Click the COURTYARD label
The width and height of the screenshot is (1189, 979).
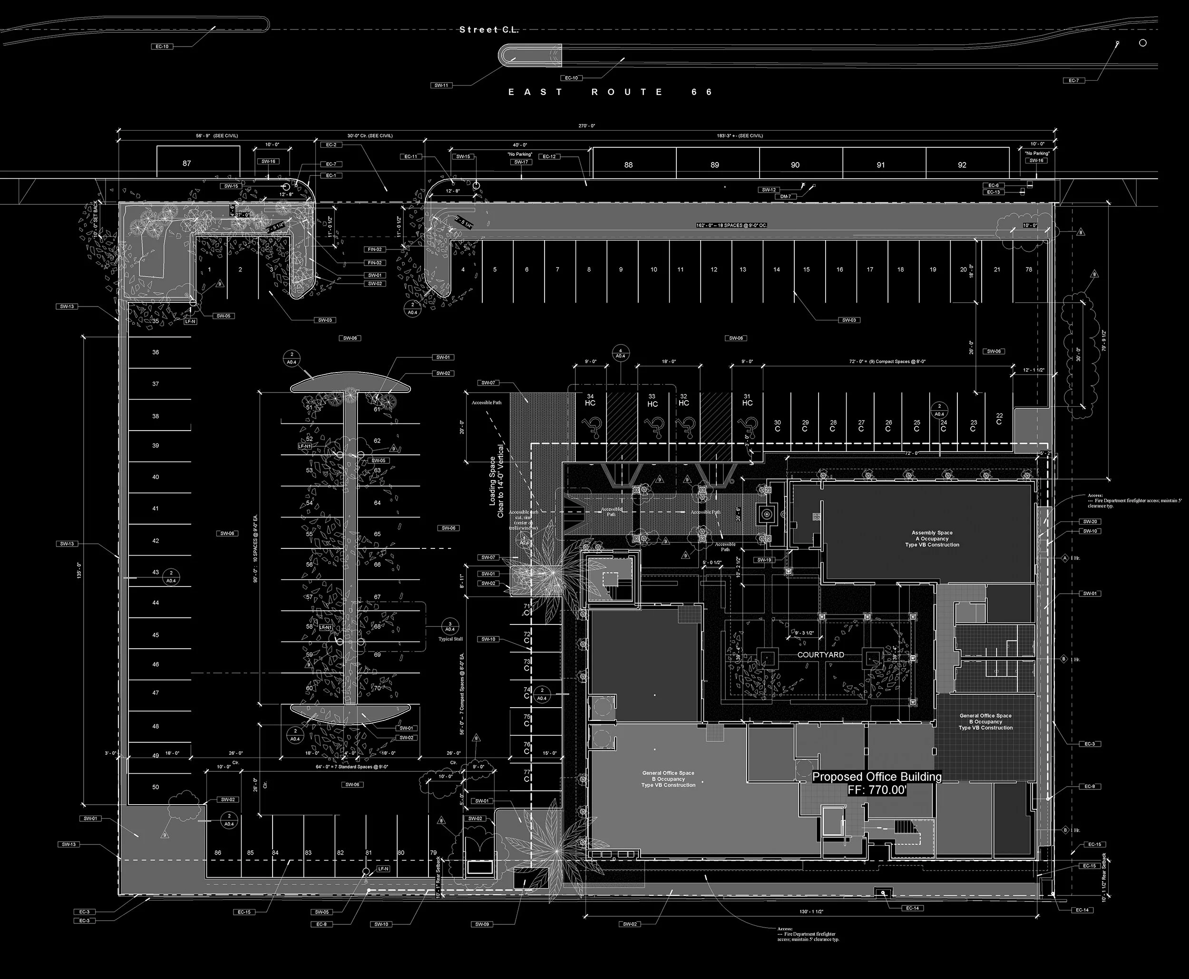click(x=820, y=655)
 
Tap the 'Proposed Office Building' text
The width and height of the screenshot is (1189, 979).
click(x=877, y=777)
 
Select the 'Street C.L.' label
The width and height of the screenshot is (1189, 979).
click(x=489, y=30)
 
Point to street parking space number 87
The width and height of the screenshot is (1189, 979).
click(x=187, y=163)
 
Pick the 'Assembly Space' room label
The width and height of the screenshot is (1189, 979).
click(x=932, y=532)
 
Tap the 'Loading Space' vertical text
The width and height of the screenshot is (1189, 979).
click(x=493, y=481)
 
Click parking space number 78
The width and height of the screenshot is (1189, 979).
click(x=1028, y=269)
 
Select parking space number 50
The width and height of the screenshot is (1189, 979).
click(x=156, y=787)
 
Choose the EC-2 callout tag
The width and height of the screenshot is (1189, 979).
click(x=331, y=145)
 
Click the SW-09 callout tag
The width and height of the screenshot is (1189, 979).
click(x=481, y=924)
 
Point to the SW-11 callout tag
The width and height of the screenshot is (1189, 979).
click(x=441, y=86)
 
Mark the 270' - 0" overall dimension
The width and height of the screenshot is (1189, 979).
click(x=587, y=126)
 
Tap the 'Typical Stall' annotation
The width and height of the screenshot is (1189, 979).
click(x=450, y=639)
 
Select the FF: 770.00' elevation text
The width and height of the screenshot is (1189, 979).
click(x=877, y=790)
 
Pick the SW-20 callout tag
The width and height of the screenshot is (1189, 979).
click(x=1090, y=522)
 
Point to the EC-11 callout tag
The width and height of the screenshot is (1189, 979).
click(x=411, y=156)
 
